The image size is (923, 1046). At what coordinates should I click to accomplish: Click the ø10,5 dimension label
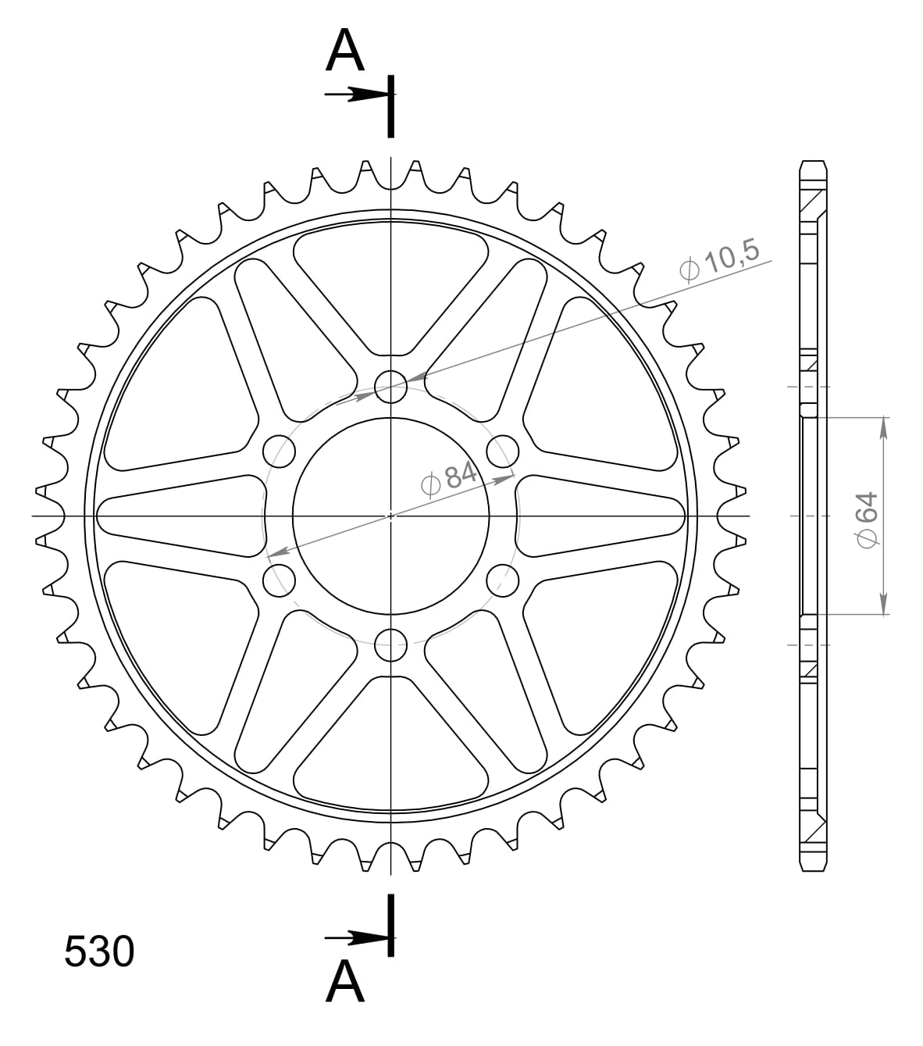click(x=719, y=261)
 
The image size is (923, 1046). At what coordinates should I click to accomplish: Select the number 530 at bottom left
click(x=99, y=952)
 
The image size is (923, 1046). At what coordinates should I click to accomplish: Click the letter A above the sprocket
click(x=345, y=52)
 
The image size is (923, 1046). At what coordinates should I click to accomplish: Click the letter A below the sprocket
click(x=345, y=982)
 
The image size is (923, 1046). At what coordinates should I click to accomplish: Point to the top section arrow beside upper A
click(x=355, y=95)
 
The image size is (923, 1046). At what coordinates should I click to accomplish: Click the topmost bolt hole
click(x=390, y=385)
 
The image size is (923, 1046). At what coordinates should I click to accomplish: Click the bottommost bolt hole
click(x=390, y=645)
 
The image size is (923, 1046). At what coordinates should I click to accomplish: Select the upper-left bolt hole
click(x=280, y=451)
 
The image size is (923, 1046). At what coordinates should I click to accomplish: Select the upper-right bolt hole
click(x=503, y=451)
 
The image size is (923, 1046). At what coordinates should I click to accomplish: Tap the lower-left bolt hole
click(x=280, y=580)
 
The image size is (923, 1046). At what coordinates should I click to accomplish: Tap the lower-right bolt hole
click(x=503, y=580)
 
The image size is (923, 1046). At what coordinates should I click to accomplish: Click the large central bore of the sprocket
click(x=390, y=516)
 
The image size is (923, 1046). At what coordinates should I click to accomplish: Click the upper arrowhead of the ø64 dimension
click(x=883, y=427)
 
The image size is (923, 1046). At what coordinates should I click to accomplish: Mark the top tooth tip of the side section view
click(x=812, y=162)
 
